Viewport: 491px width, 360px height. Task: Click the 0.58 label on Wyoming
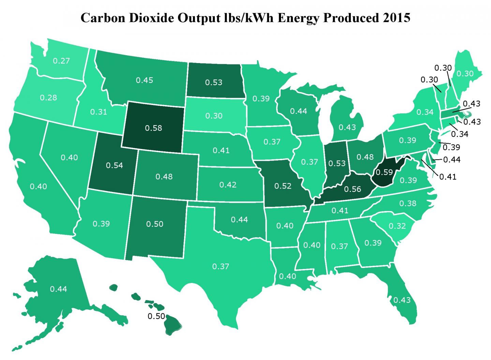point(153,128)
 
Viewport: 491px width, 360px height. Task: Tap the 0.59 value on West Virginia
point(384,172)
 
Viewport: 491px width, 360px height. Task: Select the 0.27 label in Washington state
point(61,61)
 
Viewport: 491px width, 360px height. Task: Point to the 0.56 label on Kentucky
point(352,189)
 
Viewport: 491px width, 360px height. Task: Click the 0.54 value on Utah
point(114,165)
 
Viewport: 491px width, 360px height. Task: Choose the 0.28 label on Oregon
point(48,97)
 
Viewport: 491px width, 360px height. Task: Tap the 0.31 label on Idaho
point(99,111)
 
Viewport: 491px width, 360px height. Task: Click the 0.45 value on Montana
point(145,80)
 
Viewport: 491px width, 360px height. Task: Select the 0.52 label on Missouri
point(283,186)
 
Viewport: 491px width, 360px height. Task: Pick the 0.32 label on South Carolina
point(397,226)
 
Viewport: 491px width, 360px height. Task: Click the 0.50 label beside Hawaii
point(156,316)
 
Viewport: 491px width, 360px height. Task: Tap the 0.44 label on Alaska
point(58,289)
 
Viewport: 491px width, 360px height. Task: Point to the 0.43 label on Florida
point(402,300)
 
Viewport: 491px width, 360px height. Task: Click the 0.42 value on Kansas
point(228,184)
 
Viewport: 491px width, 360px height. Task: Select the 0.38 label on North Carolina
point(408,204)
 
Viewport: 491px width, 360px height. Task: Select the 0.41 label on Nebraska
point(221,150)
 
